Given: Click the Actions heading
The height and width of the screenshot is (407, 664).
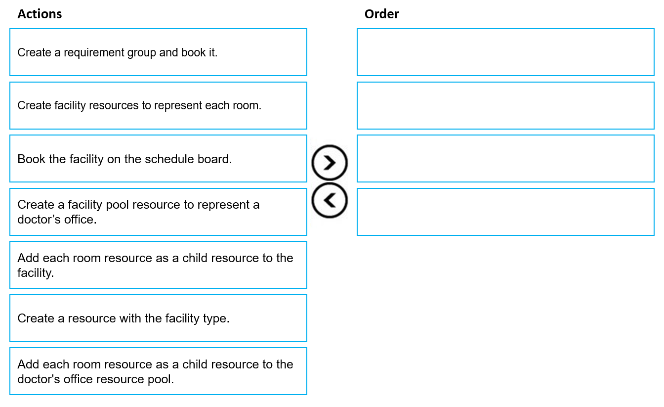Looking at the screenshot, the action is tap(40, 14).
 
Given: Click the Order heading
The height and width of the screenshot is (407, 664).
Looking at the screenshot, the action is tap(381, 14).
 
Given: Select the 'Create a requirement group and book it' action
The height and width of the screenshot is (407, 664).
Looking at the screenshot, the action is tap(158, 52).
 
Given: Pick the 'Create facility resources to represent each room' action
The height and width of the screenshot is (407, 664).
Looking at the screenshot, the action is tap(158, 106).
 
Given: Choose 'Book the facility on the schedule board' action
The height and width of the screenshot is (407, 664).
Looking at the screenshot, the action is tap(158, 159).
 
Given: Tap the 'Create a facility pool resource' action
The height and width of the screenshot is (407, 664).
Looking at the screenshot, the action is tap(158, 212).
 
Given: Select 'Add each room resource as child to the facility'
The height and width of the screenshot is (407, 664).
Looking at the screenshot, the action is tap(158, 265).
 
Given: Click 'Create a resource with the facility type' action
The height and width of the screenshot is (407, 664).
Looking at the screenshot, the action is tap(158, 318).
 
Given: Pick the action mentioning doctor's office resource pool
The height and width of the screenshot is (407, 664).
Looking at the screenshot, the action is tap(158, 371).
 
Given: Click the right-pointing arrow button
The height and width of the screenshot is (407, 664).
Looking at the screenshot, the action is tap(330, 163).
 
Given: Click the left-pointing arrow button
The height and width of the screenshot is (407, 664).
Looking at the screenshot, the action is tap(330, 200).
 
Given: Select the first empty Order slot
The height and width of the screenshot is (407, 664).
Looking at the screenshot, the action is tap(505, 52).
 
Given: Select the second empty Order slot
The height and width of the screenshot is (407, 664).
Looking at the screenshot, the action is tap(505, 106).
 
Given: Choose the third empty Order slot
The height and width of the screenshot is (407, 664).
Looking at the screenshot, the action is tap(505, 159).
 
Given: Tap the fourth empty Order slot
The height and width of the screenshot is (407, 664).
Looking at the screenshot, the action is tap(505, 212).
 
